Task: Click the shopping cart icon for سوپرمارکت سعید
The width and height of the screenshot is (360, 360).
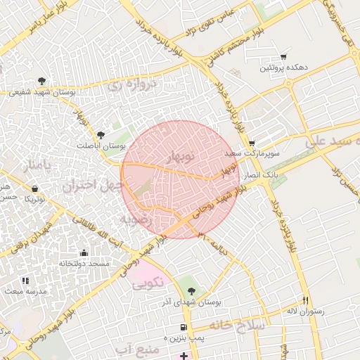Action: pyautogui.click(x=252, y=143)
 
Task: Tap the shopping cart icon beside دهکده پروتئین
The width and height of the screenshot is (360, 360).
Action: pyautogui.click(x=283, y=57)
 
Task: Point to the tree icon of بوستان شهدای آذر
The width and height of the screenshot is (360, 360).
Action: pyautogui.click(x=192, y=290)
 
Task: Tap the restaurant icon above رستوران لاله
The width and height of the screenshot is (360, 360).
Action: pyautogui.click(x=305, y=300)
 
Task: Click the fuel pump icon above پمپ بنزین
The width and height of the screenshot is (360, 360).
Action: pyautogui.click(x=184, y=328)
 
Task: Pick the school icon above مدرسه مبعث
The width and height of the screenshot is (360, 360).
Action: pyautogui.click(x=25, y=281)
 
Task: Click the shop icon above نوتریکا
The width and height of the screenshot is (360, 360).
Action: pyautogui.click(x=35, y=188)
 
